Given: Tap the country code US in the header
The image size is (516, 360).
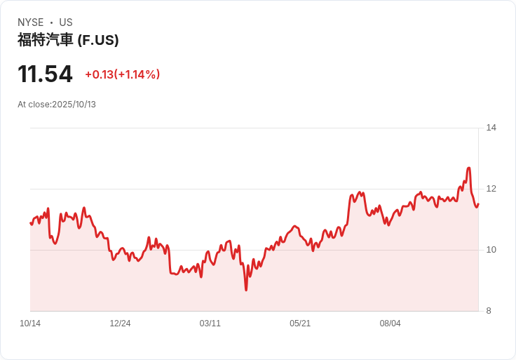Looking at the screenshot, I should tap(66, 22).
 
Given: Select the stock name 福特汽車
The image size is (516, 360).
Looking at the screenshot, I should tap(45, 40).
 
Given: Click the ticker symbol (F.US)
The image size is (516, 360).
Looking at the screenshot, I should tap(98, 40).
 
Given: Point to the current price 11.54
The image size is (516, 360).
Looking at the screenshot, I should tap(45, 74).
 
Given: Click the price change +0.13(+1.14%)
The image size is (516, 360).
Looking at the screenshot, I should tap(123, 74).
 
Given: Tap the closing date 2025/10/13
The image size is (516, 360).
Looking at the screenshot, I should tap(74, 105).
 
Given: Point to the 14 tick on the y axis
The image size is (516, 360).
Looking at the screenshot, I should tap(491, 128).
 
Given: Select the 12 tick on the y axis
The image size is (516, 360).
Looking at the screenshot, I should tap(491, 189).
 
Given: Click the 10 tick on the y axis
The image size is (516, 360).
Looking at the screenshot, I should tap(491, 250).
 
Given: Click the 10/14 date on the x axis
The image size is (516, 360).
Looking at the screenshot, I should tap(30, 324).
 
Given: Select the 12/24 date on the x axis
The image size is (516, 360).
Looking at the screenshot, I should tap(120, 324).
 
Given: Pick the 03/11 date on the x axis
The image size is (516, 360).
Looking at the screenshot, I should tap(210, 324).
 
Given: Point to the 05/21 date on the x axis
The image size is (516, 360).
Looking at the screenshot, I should tap(300, 324).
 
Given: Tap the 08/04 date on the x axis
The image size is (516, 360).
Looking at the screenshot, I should tap(390, 324).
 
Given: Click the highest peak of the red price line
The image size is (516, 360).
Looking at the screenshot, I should tap(468, 168).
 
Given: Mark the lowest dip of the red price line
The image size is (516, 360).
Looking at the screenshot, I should tap(246, 290).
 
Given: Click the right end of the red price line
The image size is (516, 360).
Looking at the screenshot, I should tap(478, 204).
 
